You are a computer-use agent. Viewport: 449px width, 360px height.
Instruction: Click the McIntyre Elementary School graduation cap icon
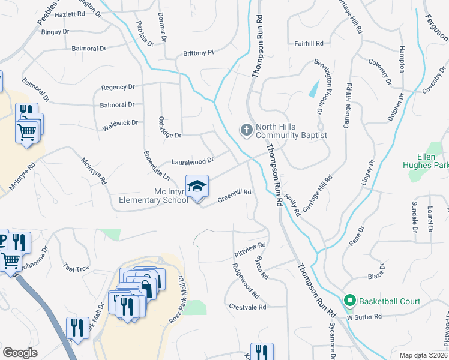pyautogui.click(x=197, y=188)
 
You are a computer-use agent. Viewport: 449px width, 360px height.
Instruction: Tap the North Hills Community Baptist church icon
pyautogui.click(x=246, y=130)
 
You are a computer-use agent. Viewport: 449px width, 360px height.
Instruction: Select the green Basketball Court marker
pyautogui.click(x=349, y=301)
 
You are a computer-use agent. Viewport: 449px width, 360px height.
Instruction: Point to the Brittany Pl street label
pyautogui.click(x=199, y=53)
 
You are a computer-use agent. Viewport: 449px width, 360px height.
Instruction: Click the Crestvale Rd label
pyautogui.click(x=247, y=307)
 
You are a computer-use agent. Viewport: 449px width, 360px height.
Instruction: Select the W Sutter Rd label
pyautogui.click(x=364, y=316)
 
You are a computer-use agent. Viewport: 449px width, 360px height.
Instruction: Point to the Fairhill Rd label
pyautogui.click(x=309, y=43)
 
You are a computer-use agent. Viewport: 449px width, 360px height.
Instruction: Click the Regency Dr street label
pyautogui.click(x=118, y=87)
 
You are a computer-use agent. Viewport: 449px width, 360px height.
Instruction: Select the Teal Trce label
pyautogui.click(x=76, y=268)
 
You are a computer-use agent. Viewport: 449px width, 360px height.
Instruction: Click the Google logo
pyautogui.click(x=20, y=353)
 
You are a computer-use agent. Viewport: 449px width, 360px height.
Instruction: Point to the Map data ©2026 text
pyautogui.click(x=423, y=355)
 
